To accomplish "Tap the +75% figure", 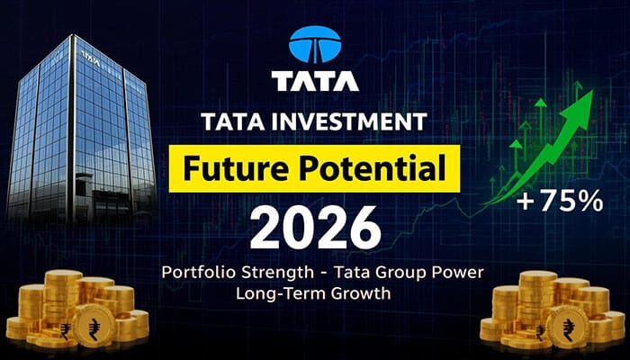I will click(x=561, y=202).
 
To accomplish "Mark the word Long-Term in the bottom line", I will click(x=270, y=294).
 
